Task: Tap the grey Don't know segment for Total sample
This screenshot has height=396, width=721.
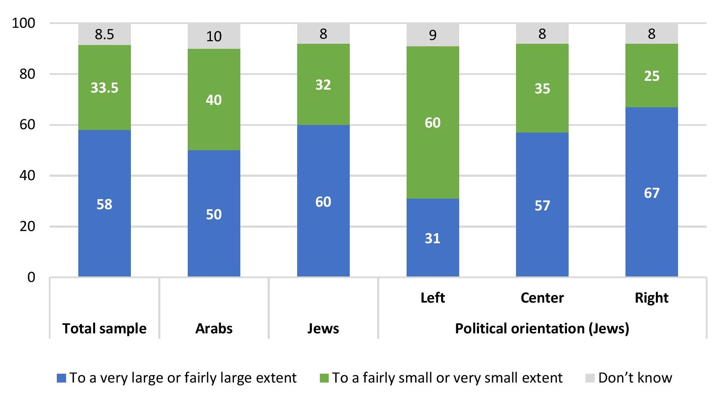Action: pyautogui.click(x=104, y=34)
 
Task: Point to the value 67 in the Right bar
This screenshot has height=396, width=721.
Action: pyautogui.click(x=652, y=193)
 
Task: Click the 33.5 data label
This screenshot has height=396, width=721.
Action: pyautogui.click(x=104, y=88)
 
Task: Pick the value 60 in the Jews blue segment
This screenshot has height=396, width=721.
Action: pyautogui.click(x=323, y=202)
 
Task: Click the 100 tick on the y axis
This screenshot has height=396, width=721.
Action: pyautogui.click(x=24, y=23)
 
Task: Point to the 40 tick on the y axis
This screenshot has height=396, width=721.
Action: pyautogui.click(x=27, y=175)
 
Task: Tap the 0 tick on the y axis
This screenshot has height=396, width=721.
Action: pyautogui.click(x=31, y=277)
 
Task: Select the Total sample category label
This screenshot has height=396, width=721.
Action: pyautogui.click(x=104, y=328)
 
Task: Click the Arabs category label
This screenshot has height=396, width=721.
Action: pyautogui.click(x=214, y=328)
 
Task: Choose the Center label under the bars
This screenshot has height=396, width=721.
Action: pyautogui.click(x=542, y=298)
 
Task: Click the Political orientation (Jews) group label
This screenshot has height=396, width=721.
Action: pyautogui.click(x=542, y=328)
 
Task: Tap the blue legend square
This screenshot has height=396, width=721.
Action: pyautogui.click(x=61, y=378)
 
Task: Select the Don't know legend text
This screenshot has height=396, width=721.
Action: pyautogui.click(x=635, y=378)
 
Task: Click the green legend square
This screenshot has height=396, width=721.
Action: pyautogui.click(x=324, y=378)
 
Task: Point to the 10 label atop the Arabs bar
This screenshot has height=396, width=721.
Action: pyautogui.click(x=214, y=37)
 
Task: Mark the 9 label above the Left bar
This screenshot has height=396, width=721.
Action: pyautogui.click(x=433, y=35)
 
